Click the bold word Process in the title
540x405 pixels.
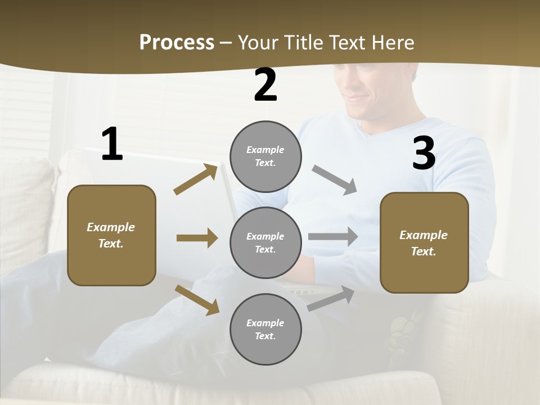point(177,43)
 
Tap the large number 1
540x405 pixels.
point(112,145)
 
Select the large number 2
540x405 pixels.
point(265,85)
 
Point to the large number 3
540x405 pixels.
point(424,153)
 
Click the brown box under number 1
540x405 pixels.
point(111,235)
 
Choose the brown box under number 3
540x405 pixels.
point(424,243)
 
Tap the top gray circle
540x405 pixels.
point(265,156)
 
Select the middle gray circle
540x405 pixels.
point(265,243)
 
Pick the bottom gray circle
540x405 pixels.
point(265,330)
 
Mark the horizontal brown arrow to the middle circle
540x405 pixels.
point(197,238)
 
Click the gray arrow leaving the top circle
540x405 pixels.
point(335,180)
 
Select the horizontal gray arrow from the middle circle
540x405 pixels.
point(333,237)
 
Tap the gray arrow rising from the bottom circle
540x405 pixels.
point(331,298)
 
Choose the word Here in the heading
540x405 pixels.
point(393,43)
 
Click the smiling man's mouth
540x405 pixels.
point(357,98)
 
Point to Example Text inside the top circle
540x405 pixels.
point(265,156)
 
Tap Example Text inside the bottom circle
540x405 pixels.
point(265,330)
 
